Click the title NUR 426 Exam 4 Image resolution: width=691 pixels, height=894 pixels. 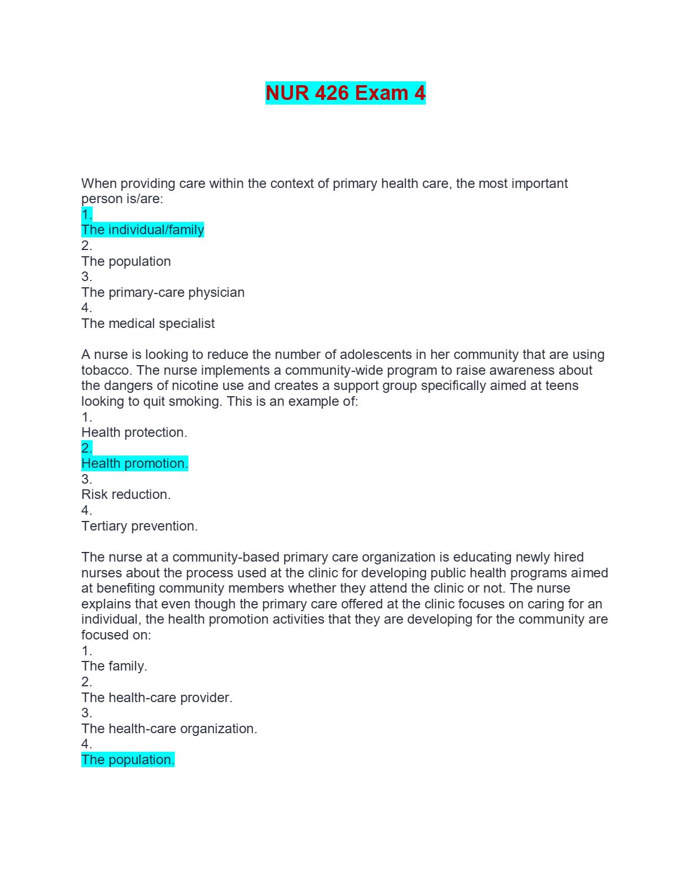point(345,93)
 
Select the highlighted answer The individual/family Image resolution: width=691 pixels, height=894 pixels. point(143,230)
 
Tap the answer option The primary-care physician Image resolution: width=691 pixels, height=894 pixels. point(163,292)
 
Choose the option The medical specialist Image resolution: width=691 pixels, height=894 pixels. point(148,323)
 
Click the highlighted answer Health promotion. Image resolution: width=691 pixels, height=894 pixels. point(134,463)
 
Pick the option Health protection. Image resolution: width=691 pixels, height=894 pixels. point(134,432)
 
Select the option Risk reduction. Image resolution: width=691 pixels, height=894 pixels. point(126,494)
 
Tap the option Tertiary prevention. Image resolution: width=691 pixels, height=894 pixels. point(139,526)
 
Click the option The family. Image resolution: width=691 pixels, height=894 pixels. point(114,666)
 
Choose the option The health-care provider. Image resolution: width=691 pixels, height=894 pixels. point(157,698)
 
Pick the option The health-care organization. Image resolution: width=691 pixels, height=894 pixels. point(169,729)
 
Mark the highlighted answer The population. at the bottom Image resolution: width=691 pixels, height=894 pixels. point(128,760)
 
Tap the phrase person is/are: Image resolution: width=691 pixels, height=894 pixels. point(122,199)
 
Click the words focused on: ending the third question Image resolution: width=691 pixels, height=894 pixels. point(116,635)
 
